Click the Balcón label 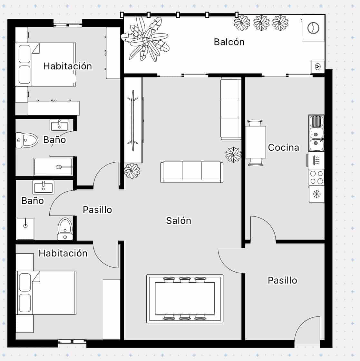point(229,42)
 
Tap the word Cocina point(284,147)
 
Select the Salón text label point(179,221)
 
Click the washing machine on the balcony point(313,28)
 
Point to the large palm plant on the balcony point(145,40)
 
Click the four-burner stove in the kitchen point(316,177)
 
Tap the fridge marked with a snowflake point(316,194)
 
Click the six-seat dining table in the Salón point(185,298)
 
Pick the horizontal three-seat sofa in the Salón point(192,172)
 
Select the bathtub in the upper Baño point(53,167)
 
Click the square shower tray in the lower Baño point(25,229)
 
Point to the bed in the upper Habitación point(46,64)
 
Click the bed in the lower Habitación point(46,293)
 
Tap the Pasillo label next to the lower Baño point(97,210)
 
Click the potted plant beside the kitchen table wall point(233,154)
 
